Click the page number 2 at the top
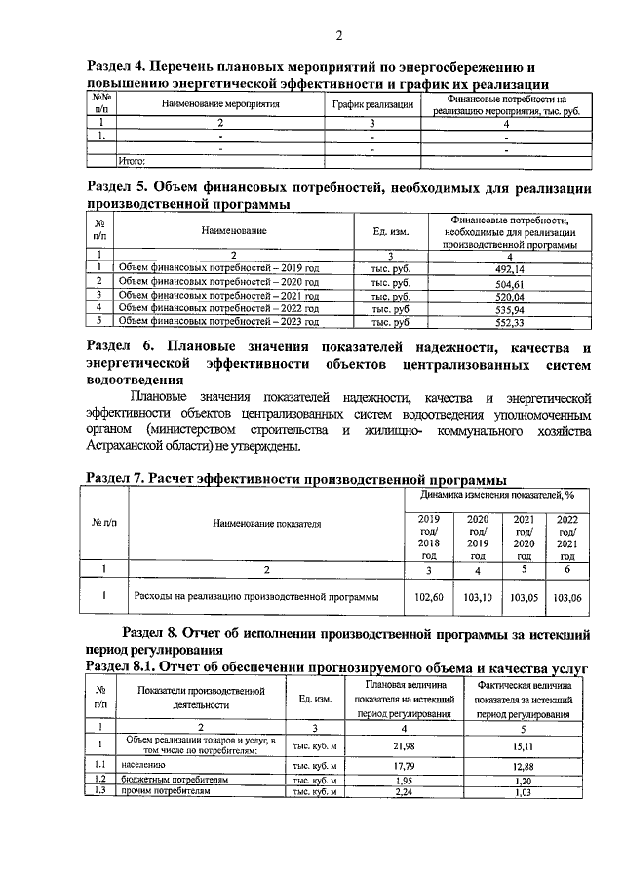338,37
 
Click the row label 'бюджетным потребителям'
176,781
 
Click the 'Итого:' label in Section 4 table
132,160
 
